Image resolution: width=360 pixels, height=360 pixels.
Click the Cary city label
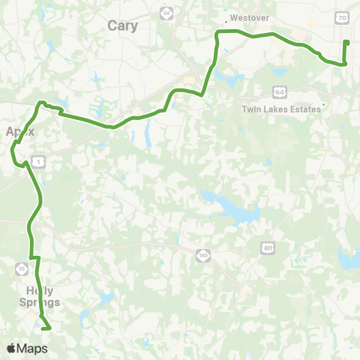coord(123,25)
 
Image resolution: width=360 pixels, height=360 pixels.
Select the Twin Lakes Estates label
coord(281,109)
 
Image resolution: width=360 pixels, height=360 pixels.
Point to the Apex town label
coord(20,131)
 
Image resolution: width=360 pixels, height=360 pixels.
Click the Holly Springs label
coord(39,297)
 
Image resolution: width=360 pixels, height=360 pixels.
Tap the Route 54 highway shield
coord(165,13)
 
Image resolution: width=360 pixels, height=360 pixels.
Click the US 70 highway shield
coord(342,16)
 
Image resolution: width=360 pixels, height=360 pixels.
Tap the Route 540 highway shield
coord(203,256)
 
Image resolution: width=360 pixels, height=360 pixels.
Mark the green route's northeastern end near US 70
coord(346,42)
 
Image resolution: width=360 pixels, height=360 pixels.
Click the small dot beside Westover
coord(226,22)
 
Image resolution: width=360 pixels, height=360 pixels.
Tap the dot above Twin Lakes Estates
coord(323,104)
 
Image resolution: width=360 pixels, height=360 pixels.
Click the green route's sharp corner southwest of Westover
coord(217,34)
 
